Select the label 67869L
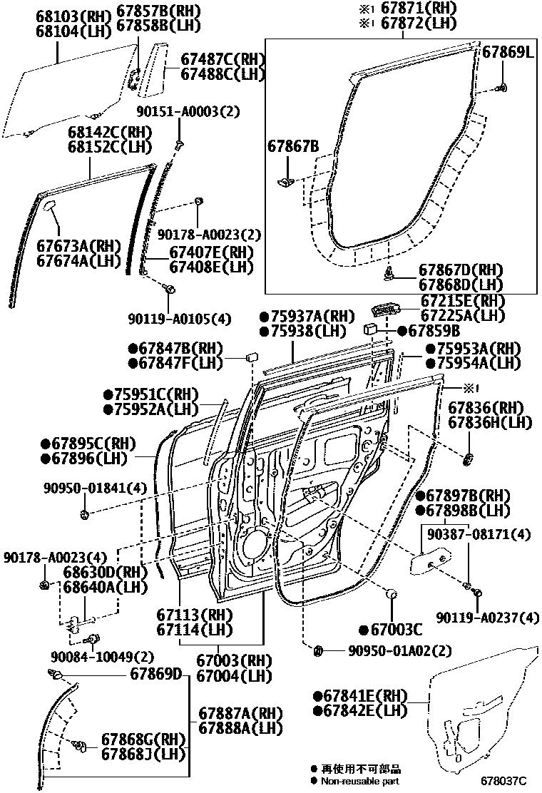(x=508, y=52)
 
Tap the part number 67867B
(x=293, y=147)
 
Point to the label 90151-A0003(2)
(x=188, y=111)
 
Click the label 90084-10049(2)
(x=102, y=657)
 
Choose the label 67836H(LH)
(x=490, y=422)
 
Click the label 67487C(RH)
(x=222, y=59)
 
